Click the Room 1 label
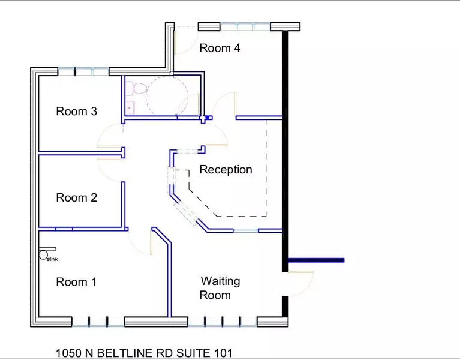pos(76,282)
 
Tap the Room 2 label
pos(76,197)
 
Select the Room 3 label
pos(76,111)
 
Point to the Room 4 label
pos(220,48)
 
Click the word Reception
pos(226,170)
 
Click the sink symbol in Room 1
pos(44,255)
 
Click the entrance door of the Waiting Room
pos(300,282)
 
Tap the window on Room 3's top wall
pos(83,71)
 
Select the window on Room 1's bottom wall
pos(98,322)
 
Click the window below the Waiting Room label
pos(223,322)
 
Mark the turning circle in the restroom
pos(167,96)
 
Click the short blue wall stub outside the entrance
pos(316,260)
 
